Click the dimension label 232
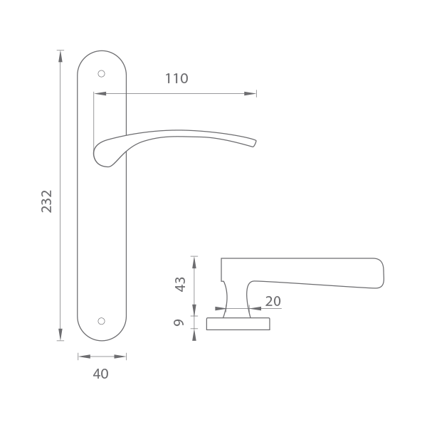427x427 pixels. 46,201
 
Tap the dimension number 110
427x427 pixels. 176,79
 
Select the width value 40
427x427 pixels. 101,374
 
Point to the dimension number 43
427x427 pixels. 180,285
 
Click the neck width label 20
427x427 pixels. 273,302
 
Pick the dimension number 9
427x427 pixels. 179,322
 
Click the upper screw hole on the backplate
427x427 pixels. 101,74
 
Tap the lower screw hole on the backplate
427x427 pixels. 101,321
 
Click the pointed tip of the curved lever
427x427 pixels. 255,143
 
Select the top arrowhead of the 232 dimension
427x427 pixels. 60,56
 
